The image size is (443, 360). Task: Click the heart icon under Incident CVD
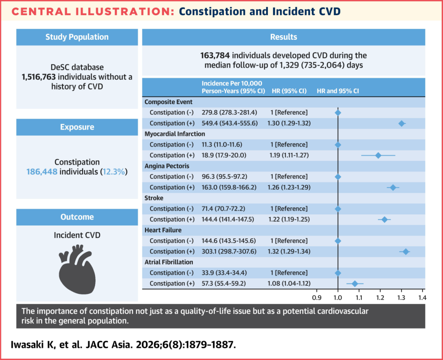(77, 270)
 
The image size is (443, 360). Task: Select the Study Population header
(77, 37)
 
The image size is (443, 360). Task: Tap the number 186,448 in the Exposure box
(42, 172)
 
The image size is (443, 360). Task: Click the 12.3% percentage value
(114, 172)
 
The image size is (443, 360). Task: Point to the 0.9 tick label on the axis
(317, 298)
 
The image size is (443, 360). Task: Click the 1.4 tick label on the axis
(422, 298)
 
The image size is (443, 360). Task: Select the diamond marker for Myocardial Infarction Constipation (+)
(378, 155)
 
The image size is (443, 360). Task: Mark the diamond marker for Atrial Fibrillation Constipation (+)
(355, 284)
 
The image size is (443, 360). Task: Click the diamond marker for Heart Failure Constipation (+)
(406, 252)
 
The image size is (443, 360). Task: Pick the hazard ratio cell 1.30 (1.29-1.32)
(289, 123)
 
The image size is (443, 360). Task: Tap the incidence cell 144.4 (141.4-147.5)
(228, 219)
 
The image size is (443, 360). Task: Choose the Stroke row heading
(154, 198)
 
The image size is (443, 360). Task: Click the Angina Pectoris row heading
(167, 166)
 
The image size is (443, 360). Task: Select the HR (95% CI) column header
(289, 91)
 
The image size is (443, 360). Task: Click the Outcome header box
(77, 217)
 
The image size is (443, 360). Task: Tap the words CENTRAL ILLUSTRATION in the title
(93, 11)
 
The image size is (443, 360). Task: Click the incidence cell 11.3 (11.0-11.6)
(222, 145)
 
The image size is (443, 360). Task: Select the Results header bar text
(284, 37)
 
